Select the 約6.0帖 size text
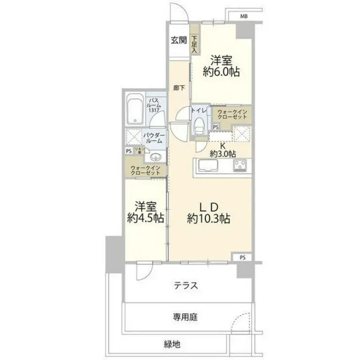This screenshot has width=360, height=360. (x=221, y=72)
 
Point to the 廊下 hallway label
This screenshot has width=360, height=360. (x=179, y=88)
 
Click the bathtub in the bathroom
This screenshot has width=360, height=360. (x=133, y=113)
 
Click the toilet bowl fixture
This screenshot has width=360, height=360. (x=199, y=127)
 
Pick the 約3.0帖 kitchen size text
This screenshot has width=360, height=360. (x=223, y=154)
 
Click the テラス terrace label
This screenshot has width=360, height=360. (x=186, y=286)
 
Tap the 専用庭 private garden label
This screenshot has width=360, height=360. (x=185, y=317)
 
